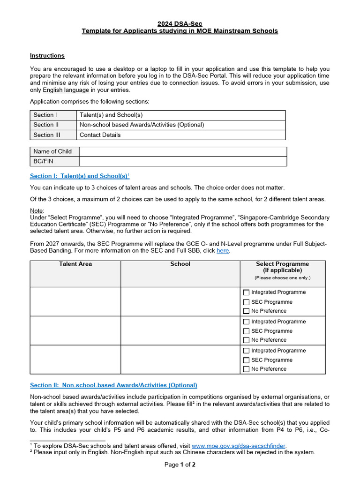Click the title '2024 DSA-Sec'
tap(180, 23)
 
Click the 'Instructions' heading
tap(47, 55)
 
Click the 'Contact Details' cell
tap(100, 135)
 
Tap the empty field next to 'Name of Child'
tap(183, 151)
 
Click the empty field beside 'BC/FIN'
tap(183, 161)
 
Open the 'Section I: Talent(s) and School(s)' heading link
tap(79, 176)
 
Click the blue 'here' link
tap(223, 251)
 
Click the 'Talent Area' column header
tap(75, 264)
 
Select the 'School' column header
tap(180, 264)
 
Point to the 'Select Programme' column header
tap(282, 267)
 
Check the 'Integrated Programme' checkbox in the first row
tap(246, 292)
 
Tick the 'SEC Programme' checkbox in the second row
tap(246, 331)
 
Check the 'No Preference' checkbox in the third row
tap(246, 369)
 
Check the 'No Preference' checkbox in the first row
tap(246, 311)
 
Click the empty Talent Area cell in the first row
tap(75, 301)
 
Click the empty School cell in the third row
tap(180, 360)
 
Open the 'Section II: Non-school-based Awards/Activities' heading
tap(113, 385)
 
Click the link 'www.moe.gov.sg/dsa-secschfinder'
tap(239, 446)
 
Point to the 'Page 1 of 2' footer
tap(180, 465)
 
